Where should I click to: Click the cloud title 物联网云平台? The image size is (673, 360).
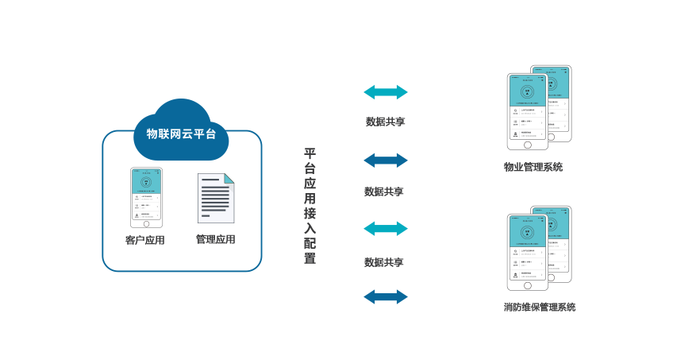[x=181, y=134]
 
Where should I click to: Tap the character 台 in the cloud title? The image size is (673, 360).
[x=210, y=134]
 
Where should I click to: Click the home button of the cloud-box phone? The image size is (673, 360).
[x=145, y=226]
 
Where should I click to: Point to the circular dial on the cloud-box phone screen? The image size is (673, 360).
[x=145, y=182]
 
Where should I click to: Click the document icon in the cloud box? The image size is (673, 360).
[x=215, y=198]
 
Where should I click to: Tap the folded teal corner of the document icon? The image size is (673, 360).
[x=229, y=180]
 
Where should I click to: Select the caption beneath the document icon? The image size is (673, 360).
[x=215, y=239]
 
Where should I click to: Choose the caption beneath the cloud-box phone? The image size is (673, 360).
[x=145, y=239]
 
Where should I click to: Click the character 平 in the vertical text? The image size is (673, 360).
[x=310, y=153]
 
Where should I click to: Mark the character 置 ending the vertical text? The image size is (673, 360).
[x=310, y=257]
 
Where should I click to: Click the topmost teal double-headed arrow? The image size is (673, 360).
[x=386, y=91]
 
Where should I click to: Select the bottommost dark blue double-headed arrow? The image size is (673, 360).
[x=386, y=297]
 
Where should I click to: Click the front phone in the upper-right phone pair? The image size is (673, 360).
[x=528, y=111]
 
